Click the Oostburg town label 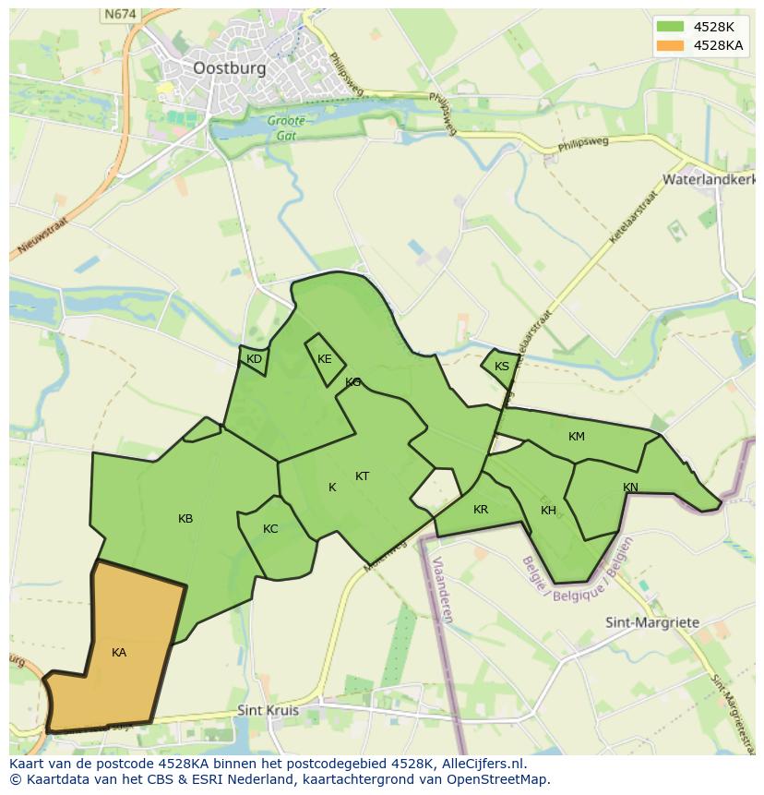tap(230, 67)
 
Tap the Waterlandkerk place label tap(709, 179)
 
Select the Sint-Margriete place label tap(652, 622)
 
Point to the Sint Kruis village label tap(269, 710)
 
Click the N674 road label tap(119, 14)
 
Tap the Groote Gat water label tap(286, 128)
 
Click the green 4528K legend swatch tap(669, 26)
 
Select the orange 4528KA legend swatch tap(669, 44)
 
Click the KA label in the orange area tap(119, 653)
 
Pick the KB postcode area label tap(185, 519)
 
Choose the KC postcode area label tap(270, 529)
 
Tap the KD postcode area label tap(255, 359)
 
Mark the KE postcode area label tap(325, 359)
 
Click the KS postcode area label tap(502, 367)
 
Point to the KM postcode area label tap(577, 437)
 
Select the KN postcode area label tap(630, 488)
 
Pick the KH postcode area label tap(549, 511)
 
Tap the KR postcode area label tap(481, 510)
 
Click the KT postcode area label tap(363, 476)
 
